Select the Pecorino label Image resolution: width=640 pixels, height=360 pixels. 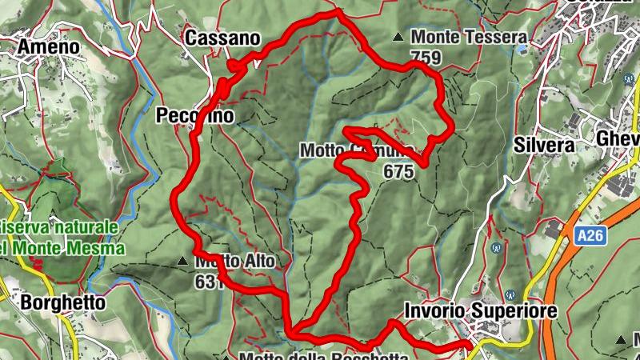click(x=196, y=116)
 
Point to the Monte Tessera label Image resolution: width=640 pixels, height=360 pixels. click(x=469, y=37)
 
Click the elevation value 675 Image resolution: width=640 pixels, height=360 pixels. click(x=398, y=170)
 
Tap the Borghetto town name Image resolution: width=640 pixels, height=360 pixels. click(x=63, y=303)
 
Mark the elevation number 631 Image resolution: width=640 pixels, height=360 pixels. click(x=207, y=281)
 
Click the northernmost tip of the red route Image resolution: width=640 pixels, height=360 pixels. click(x=339, y=10)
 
